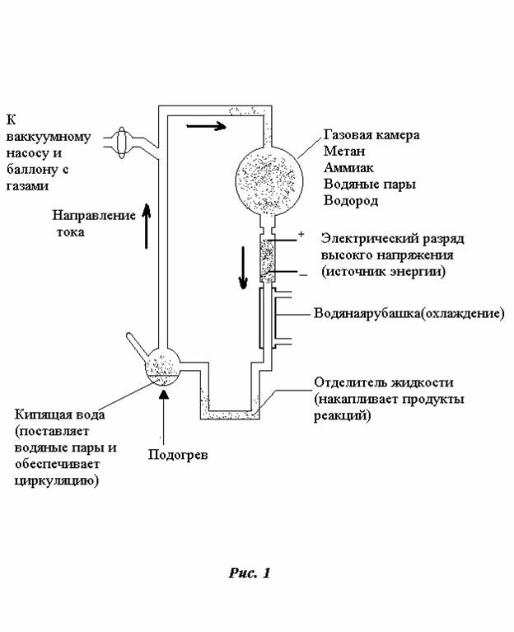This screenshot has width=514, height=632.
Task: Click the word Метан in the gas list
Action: tap(344, 150)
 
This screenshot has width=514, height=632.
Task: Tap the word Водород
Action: tap(351, 201)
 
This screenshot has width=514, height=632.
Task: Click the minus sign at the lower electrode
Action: tap(302, 275)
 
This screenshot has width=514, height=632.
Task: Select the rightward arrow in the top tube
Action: tap(203, 127)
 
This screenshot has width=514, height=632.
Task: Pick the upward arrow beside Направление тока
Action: tap(147, 227)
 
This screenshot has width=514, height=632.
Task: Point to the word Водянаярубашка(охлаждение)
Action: tap(409, 315)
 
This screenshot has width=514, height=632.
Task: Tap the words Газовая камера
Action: tap(371, 133)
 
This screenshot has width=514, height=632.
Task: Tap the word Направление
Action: tap(93, 216)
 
